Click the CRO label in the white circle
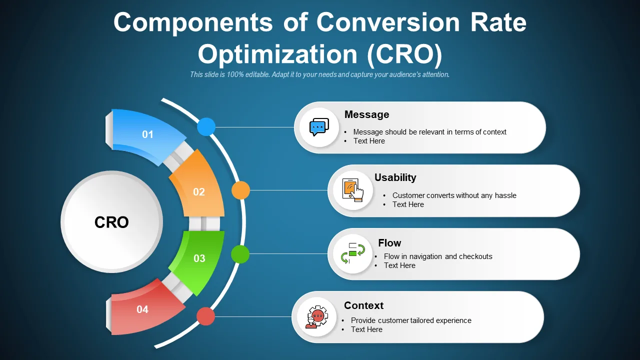(x=111, y=222)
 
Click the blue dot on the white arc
(x=206, y=126)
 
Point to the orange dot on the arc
(x=240, y=190)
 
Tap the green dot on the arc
(x=240, y=254)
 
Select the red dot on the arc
(x=205, y=316)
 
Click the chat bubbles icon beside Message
(x=319, y=127)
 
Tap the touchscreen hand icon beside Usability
(x=353, y=190)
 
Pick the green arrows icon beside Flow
(x=353, y=253)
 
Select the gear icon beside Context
(x=316, y=317)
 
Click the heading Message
(x=366, y=114)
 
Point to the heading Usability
(x=395, y=177)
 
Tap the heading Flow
(x=389, y=243)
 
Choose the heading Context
(x=363, y=305)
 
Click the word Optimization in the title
(x=277, y=54)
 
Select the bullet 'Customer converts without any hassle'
(x=454, y=195)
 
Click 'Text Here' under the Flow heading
(x=399, y=265)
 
